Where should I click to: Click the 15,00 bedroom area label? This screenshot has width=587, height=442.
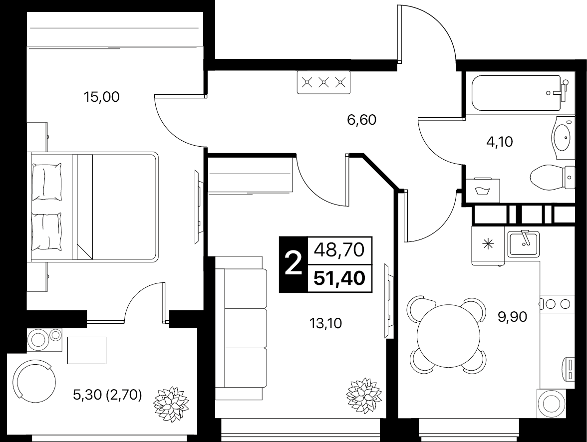click(101, 97)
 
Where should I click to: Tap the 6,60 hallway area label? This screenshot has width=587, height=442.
click(361, 120)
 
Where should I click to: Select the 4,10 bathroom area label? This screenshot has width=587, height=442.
click(499, 142)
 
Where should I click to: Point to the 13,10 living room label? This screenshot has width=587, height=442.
click(325, 323)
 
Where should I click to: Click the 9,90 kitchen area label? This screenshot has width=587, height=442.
click(512, 317)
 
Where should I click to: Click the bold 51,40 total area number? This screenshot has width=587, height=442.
click(339, 278)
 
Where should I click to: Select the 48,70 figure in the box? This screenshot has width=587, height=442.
click(339, 250)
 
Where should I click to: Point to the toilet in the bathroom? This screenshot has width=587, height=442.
click(552, 178)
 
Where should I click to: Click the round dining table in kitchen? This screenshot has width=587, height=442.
click(448, 336)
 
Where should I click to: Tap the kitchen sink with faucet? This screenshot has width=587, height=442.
click(523, 244)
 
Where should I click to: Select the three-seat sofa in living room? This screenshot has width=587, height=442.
click(241, 327)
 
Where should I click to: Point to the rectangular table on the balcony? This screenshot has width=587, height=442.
click(87, 350)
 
